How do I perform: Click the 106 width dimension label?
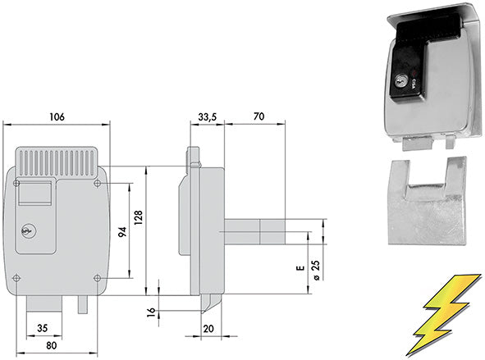pyautogui.click(x=57, y=116)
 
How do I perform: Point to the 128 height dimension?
pyautogui.click(x=139, y=216)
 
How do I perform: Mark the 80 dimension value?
pyautogui.click(x=52, y=345)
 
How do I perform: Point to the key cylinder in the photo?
pyautogui.click(x=399, y=82)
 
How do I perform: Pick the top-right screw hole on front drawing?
pyautogui.click(x=98, y=183)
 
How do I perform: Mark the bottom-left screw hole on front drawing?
pyautogui.click(x=17, y=277)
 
